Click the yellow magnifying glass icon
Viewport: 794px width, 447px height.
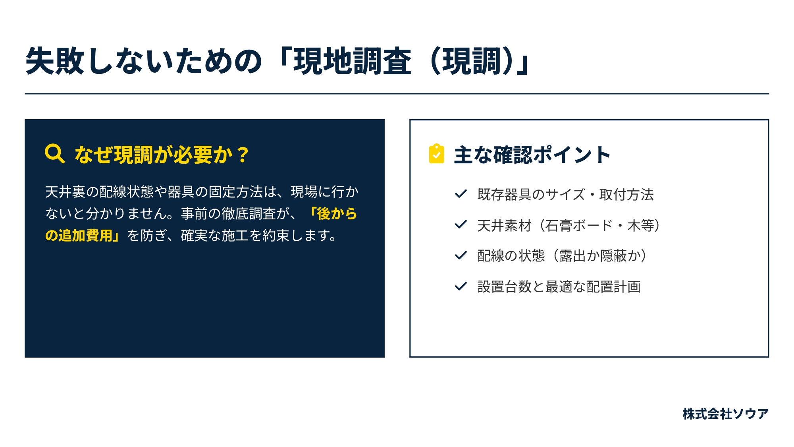click(x=55, y=154)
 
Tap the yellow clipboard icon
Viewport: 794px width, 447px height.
click(x=437, y=154)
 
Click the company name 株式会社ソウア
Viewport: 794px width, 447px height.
click(x=725, y=414)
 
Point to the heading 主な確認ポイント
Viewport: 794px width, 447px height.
click(x=532, y=155)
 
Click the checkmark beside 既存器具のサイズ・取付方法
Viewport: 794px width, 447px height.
click(x=461, y=194)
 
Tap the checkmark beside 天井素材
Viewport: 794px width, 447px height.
click(x=461, y=224)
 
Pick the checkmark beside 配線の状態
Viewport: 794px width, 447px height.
click(x=461, y=255)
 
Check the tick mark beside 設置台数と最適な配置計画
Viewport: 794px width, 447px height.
click(x=461, y=286)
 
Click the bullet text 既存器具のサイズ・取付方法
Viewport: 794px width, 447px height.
click(x=565, y=194)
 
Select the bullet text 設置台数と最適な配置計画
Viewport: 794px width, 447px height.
click(x=559, y=286)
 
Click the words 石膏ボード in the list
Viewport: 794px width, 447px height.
click(x=579, y=225)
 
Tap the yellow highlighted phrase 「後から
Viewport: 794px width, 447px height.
click(x=333, y=214)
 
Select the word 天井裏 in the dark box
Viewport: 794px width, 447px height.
click(x=65, y=192)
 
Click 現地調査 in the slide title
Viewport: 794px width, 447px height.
click(x=352, y=61)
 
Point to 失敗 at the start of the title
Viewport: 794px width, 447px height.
click(x=55, y=61)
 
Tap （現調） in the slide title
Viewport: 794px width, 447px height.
click(x=471, y=61)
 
